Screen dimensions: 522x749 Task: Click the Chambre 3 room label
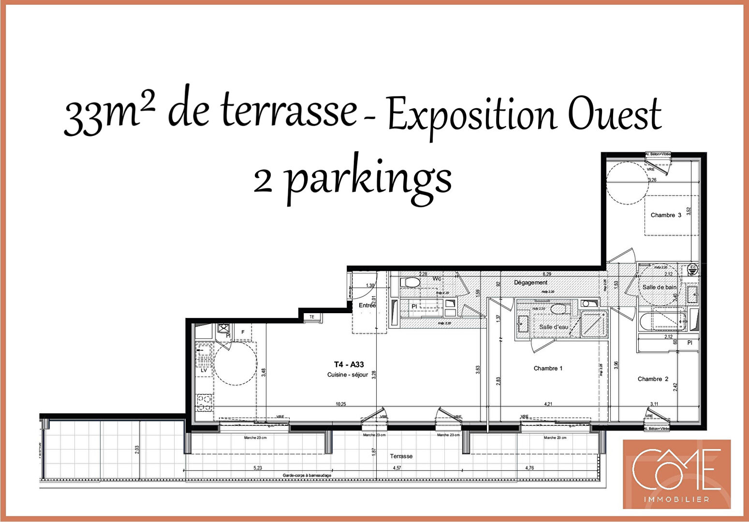[x=665, y=215]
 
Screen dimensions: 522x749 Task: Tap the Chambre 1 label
[x=548, y=368]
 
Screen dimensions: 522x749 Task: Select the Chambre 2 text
[x=653, y=379]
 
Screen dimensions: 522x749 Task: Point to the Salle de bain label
[x=659, y=287]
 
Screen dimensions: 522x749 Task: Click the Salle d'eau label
[x=553, y=327]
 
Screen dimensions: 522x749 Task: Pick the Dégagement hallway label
[x=530, y=282]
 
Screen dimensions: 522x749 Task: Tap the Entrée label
[x=367, y=305]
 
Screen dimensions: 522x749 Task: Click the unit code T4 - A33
[x=349, y=364]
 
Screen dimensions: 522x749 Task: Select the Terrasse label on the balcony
[x=401, y=456]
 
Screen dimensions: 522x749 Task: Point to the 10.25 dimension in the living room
[x=341, y=404]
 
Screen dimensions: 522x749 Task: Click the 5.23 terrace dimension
[x=258, y=468]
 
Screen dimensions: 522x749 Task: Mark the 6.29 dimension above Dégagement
[x=547, y=274]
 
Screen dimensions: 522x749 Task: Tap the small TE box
[x=312, y=317]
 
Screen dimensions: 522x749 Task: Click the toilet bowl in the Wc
[x=411, y=282]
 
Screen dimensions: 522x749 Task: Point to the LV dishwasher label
[x=204, y=370]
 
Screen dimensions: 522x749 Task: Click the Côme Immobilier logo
[x=676, y=474]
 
